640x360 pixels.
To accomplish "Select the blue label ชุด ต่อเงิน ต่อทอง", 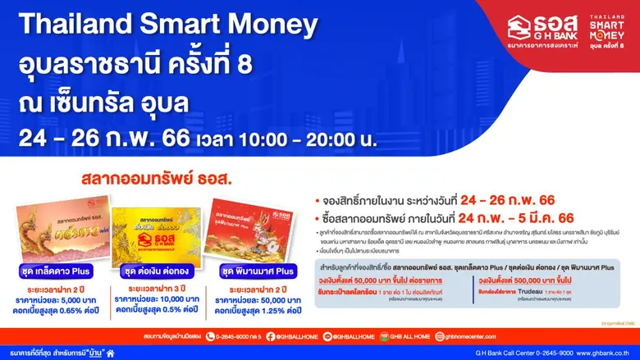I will coord(156,271).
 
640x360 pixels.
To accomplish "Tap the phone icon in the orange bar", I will coord(209,335).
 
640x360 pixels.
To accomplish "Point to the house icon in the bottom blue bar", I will coord(110,353).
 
